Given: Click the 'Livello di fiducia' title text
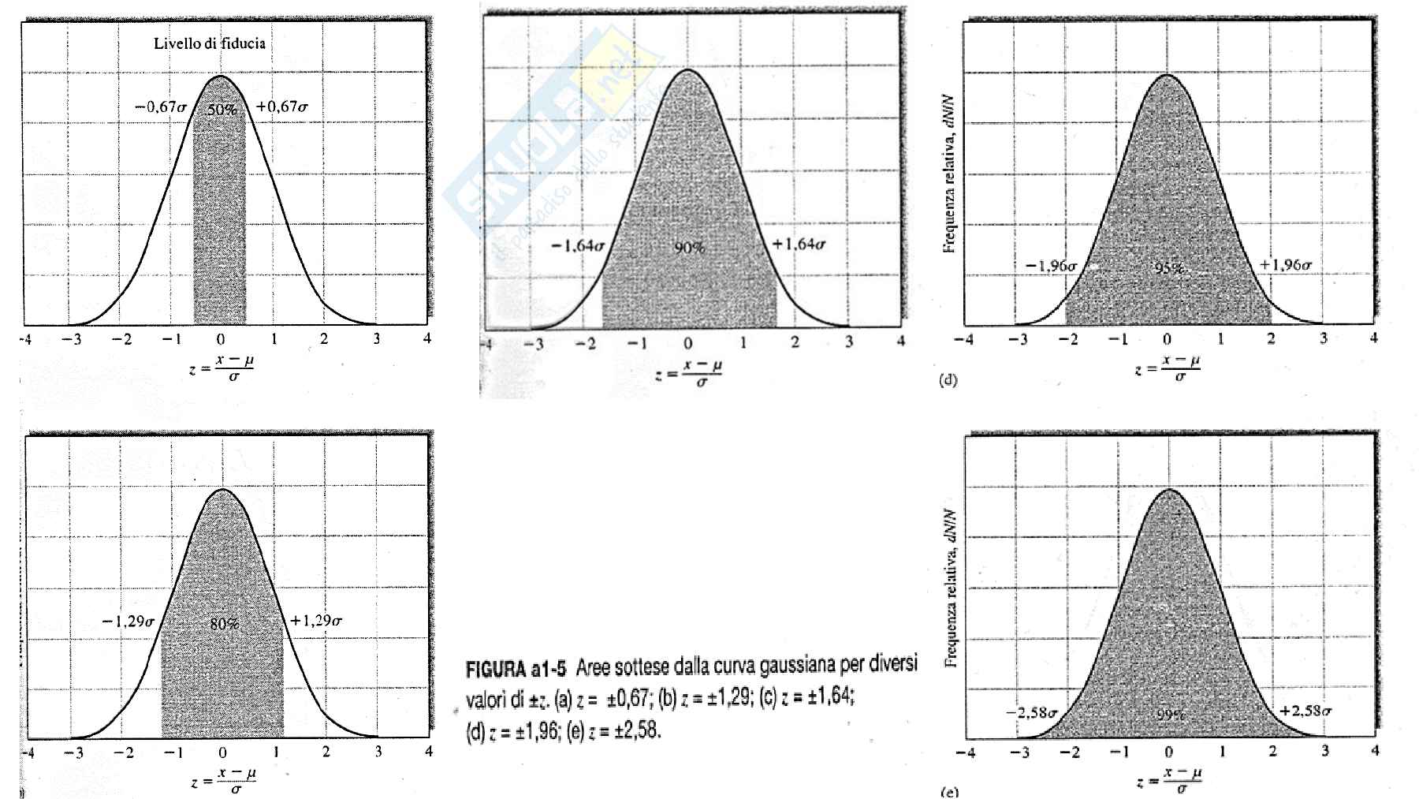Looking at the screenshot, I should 209,44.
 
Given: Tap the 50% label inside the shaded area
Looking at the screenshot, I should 222,110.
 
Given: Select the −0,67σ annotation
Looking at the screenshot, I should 160,107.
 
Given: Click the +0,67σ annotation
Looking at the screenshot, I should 281,107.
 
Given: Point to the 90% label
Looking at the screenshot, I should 690,248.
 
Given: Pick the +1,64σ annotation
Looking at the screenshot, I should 799,245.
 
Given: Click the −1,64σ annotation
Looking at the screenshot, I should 578,246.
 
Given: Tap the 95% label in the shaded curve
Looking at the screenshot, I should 1169,268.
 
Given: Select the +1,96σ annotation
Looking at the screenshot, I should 1285,265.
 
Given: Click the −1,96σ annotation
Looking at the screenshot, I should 1051,266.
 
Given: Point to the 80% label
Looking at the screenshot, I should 224,624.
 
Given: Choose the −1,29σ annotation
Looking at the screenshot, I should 128,622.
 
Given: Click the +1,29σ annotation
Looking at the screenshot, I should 316,621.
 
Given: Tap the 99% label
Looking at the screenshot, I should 1171,715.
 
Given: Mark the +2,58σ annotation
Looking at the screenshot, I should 1305,711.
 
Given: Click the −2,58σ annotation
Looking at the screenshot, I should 1031,713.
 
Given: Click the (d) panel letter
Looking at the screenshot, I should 948,380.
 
